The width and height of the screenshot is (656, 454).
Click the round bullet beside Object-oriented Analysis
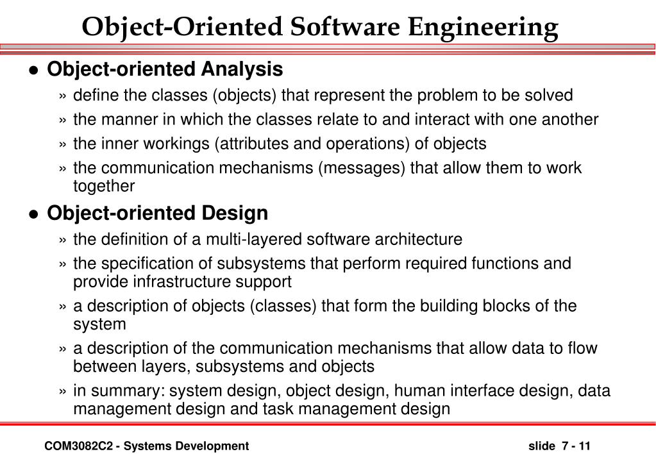click(x=35, y=71)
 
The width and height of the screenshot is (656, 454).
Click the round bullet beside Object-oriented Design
click(x=35, y=215)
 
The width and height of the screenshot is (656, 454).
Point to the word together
click(x=104, y=186)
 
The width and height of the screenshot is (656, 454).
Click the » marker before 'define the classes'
click(x=63, y=96)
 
